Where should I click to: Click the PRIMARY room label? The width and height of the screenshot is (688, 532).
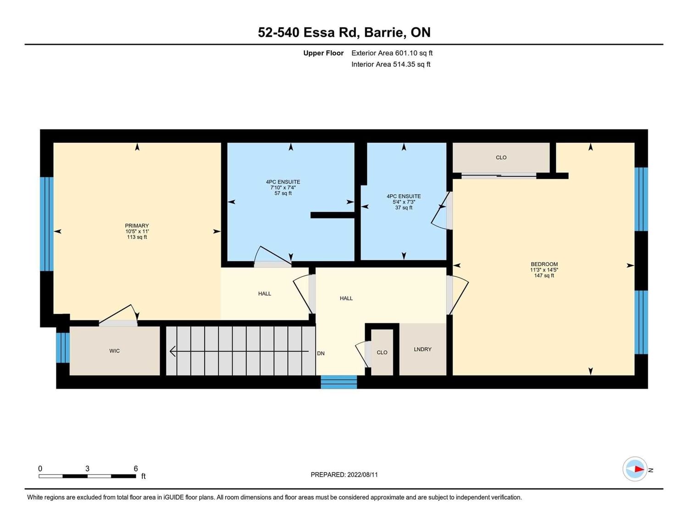(137, 225)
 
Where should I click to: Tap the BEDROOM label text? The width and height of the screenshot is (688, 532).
(544, 264)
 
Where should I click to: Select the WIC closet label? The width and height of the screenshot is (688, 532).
(114, 351)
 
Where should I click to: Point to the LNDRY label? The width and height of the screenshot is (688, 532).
(423, 349)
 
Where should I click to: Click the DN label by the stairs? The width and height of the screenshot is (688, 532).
(321, 353)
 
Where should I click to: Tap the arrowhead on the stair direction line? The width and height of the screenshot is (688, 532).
(173, 351)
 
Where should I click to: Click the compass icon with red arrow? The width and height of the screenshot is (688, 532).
(635, 469)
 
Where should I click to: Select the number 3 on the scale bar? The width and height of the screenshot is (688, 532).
(88, 468)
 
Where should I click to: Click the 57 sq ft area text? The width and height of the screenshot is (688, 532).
(283, 193)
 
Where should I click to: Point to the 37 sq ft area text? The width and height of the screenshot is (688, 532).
(404, 208)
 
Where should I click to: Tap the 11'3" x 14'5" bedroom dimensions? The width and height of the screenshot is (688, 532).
(544, 270)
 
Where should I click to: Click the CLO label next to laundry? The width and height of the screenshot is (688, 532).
(382, 353)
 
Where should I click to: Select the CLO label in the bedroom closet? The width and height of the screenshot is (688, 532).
(501, 157)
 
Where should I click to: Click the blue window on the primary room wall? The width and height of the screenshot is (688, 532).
(47, 224)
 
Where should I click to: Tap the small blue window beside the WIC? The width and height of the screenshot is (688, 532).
(63, 347)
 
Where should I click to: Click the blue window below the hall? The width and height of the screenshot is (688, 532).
(339, 382)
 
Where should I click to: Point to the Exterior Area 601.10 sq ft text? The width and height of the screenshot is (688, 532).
(392, 53)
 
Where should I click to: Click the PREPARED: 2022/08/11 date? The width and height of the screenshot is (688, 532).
(344, 475)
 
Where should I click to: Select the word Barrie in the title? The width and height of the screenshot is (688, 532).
(385, 33)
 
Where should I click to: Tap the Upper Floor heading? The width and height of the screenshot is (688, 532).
(323, 53)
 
